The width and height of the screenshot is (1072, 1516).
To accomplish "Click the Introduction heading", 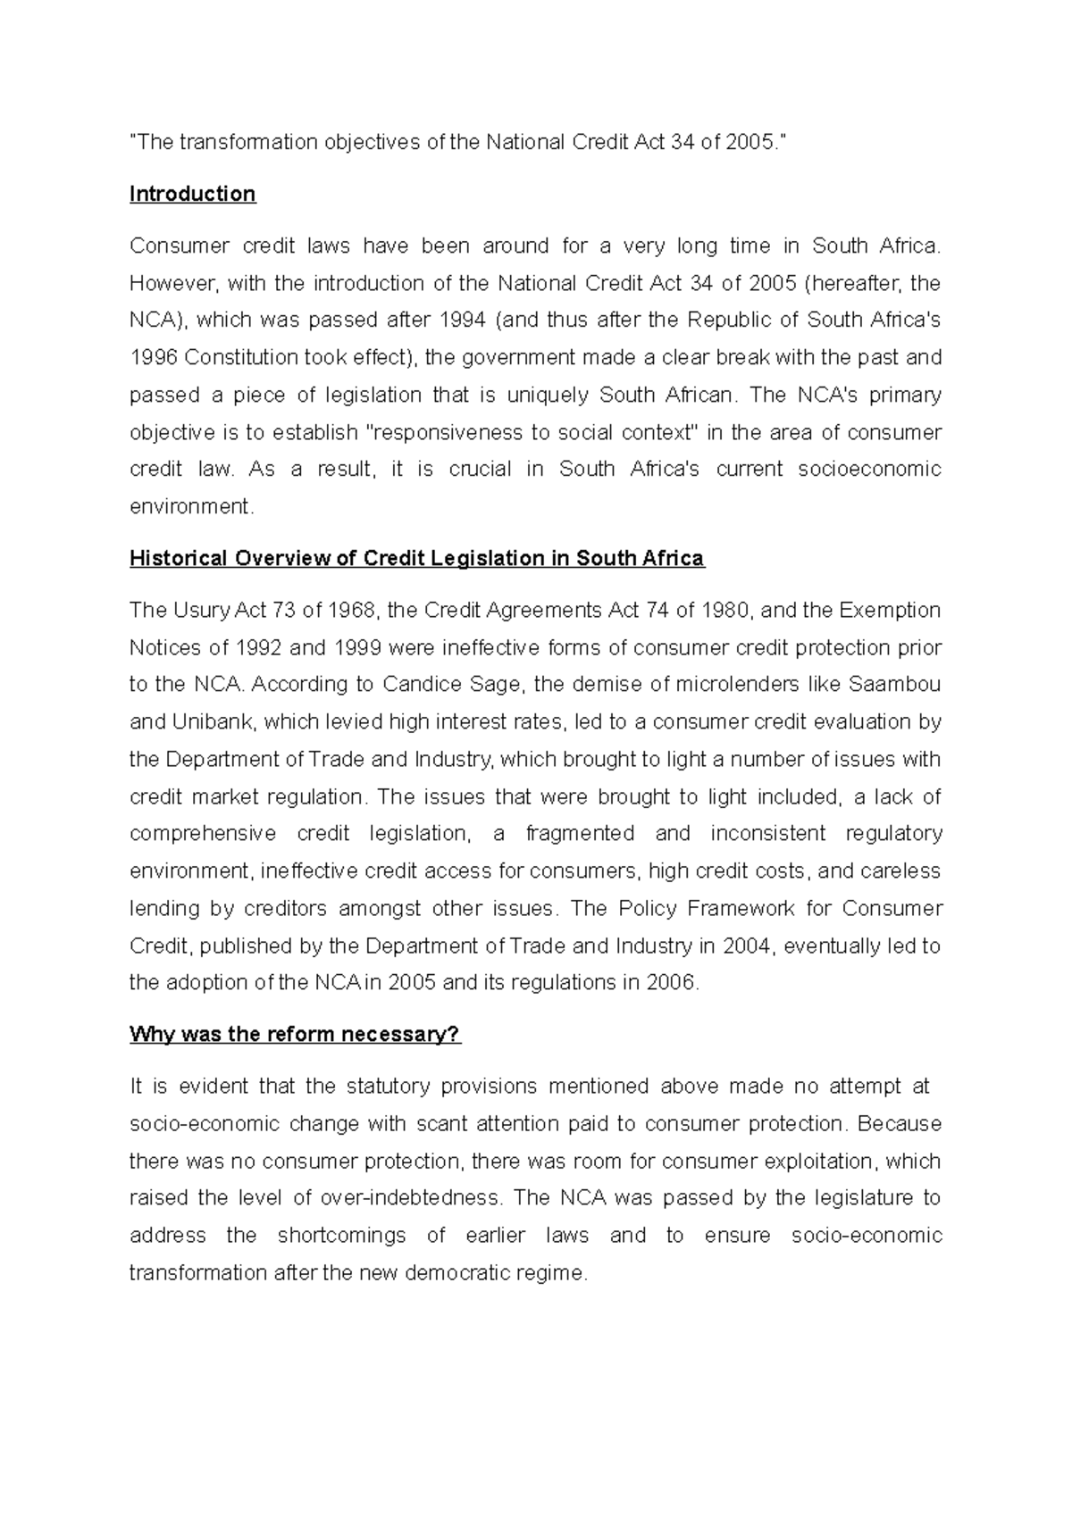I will click(192, 195).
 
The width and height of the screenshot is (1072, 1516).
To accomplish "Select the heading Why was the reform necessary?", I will click(295, 1035).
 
